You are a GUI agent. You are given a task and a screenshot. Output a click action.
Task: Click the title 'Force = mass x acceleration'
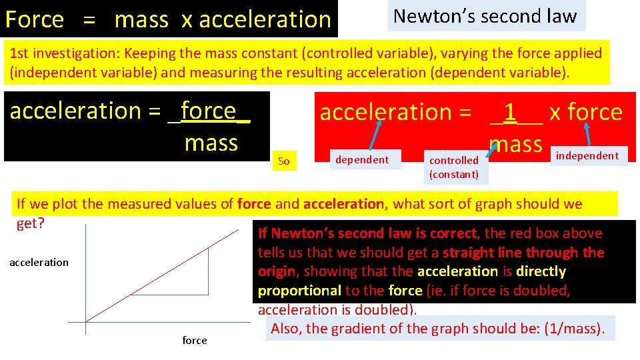(168, 19)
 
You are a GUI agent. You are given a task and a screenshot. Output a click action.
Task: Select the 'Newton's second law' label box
(485, 16)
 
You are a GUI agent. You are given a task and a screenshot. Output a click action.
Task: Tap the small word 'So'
(283, 161)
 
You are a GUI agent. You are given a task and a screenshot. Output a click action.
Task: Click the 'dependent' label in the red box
(361, 159)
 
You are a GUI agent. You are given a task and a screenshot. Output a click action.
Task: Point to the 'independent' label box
(587, 156)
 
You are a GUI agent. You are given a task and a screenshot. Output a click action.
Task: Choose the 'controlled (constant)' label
(453, 167)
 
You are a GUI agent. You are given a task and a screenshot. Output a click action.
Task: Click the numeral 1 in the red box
(510, 113)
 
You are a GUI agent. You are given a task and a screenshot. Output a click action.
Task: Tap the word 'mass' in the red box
(515, 143)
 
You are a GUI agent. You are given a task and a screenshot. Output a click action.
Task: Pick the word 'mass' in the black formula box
(211, 143)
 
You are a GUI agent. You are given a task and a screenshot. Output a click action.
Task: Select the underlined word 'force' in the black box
(208, 110)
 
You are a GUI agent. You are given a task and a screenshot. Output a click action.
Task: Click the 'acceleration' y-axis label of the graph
(39, 262)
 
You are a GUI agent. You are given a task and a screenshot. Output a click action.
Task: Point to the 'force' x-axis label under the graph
(195, 340)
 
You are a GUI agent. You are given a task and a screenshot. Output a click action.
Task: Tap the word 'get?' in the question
(31, 223)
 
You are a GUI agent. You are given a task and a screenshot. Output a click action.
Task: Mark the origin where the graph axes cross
(85, 323)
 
